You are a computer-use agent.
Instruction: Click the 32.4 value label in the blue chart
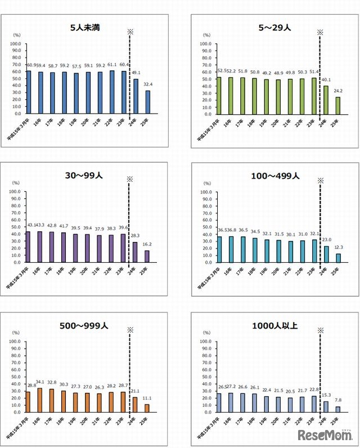[147, 85]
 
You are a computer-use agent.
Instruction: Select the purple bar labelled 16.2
[147, 256]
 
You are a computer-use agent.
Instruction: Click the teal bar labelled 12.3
[338, 258]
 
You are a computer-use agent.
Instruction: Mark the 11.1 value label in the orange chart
[147, 398]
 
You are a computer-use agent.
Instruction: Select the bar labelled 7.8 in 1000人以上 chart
[338, 409]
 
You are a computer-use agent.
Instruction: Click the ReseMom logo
[325, 434]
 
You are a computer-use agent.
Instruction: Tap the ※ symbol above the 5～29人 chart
[319, 32]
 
